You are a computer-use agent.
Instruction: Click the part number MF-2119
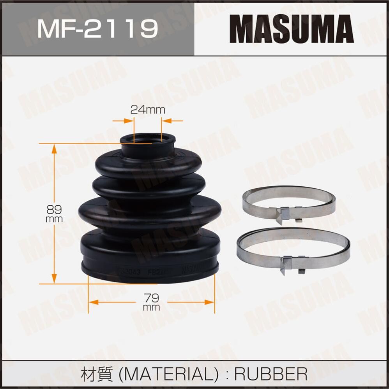coord(97,28)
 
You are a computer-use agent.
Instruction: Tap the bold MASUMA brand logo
coord(291,28)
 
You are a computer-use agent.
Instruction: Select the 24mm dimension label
coord(147,110)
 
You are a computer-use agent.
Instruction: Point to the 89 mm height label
coord(54,214)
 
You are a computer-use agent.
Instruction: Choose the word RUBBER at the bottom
coord(271,374)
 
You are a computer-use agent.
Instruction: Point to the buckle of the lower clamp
coord(290,265)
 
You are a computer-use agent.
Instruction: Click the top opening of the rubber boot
coord(147,139)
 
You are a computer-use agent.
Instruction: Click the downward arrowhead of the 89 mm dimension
coord(54,279)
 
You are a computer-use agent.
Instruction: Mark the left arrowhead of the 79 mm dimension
coord(93,301)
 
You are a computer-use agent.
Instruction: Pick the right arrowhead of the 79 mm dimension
coord(210,301)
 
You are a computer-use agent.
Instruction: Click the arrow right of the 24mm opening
coord(166,121)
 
